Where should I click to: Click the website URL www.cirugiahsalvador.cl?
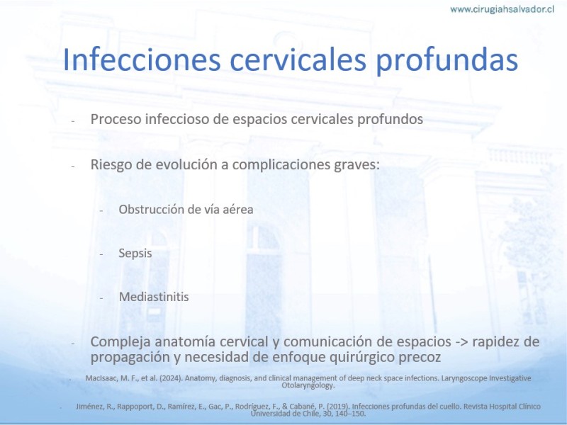[502, 9]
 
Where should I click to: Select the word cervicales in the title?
[298, 59]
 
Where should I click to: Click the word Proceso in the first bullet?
[116, 119]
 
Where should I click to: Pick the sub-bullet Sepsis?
[135, 254]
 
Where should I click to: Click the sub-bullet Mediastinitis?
[154, 297]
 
